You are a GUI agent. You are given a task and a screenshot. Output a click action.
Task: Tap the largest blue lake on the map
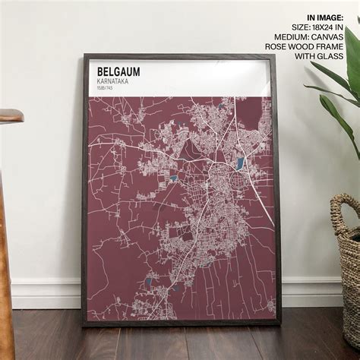pos(240,163)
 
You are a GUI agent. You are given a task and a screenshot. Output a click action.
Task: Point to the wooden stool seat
pos(10,116)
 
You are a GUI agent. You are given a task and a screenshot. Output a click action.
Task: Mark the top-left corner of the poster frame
pos(84,55)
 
